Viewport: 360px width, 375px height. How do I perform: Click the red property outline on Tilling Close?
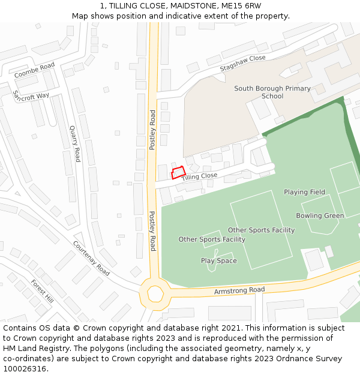coord(178,173)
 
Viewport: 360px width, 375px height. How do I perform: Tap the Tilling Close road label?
coord(199,176)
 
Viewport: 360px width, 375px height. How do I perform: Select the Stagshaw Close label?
coord(242,63)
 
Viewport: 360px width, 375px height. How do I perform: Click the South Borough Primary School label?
coord(272,92)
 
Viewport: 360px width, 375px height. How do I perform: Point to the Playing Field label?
coord(304,192)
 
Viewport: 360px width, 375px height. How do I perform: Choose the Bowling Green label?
coord(320,215)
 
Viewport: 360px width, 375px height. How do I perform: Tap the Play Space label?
coord(218,261)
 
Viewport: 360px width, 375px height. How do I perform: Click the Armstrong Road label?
coord(239,291)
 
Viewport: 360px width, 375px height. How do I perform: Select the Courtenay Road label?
coord(91,258)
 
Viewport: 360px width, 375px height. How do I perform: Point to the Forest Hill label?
coord(43,292)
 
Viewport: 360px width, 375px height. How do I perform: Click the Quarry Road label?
coord(74,144)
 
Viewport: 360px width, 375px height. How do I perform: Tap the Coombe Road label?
coord(34,70)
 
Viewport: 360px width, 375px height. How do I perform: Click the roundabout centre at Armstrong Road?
coord(155,294)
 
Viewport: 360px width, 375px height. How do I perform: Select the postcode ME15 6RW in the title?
coord(241,6)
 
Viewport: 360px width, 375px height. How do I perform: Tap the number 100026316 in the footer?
coord(25,369)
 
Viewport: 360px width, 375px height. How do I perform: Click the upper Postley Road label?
coord(153,130)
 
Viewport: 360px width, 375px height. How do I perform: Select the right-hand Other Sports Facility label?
coord(261,230)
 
